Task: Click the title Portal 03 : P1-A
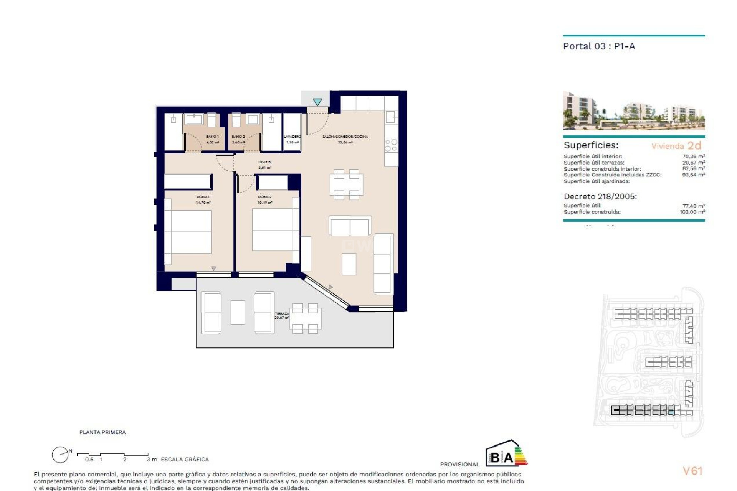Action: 599,46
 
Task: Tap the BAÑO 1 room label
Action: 212,137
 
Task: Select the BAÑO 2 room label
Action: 238,137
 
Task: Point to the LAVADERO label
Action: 292,137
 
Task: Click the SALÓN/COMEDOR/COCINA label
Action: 345,137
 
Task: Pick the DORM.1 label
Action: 203,197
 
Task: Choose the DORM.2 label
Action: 264,197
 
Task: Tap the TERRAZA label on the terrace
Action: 282,314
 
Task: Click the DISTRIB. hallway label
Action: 265,162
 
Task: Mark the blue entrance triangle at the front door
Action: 317,102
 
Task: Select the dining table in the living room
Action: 346,185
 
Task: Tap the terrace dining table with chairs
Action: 305,318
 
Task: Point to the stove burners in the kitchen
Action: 391,145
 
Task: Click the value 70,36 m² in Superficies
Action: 693,156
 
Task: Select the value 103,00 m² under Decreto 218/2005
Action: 692,212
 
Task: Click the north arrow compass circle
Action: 60,455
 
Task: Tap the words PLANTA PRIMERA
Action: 102,432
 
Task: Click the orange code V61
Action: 692,471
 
